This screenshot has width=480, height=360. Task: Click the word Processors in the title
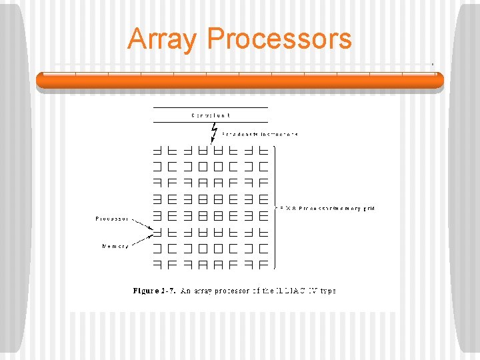click(x=279, y=39)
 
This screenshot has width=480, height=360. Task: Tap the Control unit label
click(x=211, y=115)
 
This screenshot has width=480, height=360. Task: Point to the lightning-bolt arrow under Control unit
click(x=213, y=133)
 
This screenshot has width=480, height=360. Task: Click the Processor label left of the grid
click(x=111, y=219)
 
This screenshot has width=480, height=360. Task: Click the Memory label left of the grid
click(x=115, y=247)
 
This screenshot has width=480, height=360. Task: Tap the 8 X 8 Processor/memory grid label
click(x=327, y=209)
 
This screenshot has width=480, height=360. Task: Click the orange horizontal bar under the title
click(x=240, y=81)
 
